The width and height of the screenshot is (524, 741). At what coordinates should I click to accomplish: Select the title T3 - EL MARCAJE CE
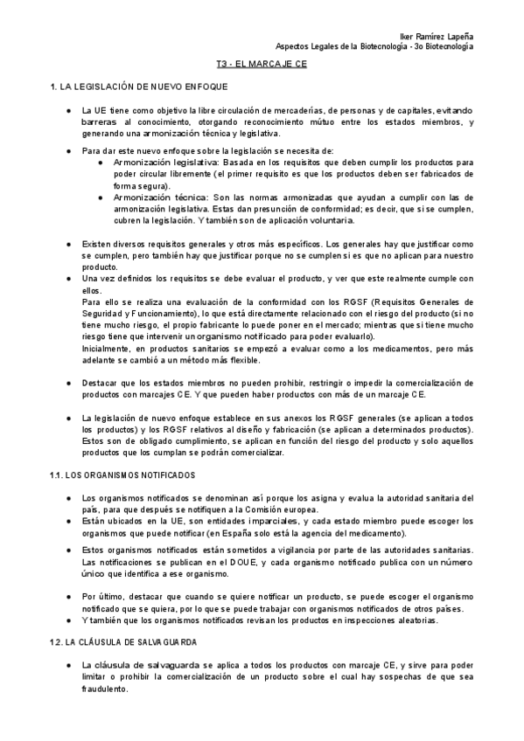(x=262, y=66)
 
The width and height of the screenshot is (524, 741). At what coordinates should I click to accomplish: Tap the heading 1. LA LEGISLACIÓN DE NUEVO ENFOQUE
(x=139, y=88)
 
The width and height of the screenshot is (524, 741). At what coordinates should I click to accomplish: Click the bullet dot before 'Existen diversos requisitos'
(x=69, y=243)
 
